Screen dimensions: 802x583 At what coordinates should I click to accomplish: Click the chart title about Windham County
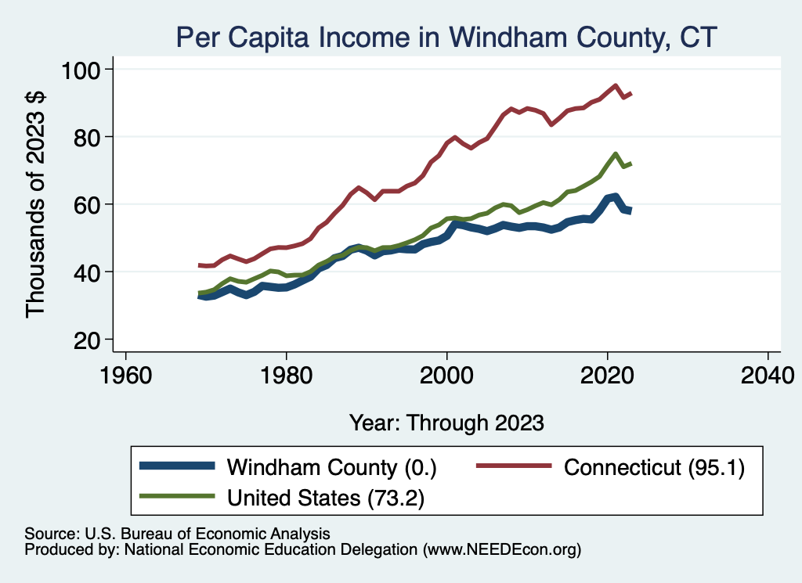pyautogui.click(x=446, y=38)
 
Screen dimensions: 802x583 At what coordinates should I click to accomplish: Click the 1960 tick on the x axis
pyautogui.click(x=126, y=376)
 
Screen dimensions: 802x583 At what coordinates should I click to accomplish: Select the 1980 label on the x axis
pyautogui.click(x=287, y=376)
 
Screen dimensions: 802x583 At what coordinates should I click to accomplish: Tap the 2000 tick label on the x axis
pyautogui.click(x=446, y=376)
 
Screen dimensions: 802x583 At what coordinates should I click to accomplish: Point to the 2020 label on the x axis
pyautogui.click(x=607, y=376)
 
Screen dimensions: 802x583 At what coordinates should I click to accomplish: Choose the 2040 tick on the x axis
pyautogui.click(x=768, y=376)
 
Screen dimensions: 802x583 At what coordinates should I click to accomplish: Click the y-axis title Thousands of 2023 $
pyautogui.click(x=35, y=205)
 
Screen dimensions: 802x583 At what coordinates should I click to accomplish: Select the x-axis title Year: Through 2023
pyautogui.click(x=446, y=423)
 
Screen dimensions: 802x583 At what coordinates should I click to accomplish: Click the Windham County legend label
pyautogui.click(x=331, y=467)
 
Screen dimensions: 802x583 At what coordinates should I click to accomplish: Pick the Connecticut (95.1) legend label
pyautogui.click(x=654, y=467)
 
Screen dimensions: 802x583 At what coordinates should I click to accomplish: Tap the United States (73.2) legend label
pyautogui.click(x=326, y=498)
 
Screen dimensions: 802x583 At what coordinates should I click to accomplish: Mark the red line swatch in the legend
pyautogui.click(x=514, y=466)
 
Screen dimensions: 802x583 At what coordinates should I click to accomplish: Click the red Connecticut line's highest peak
pyautogui.click(x=616, y=86)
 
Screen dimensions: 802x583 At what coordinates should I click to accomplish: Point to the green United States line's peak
pyautogui.click(x=616, y=154)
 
